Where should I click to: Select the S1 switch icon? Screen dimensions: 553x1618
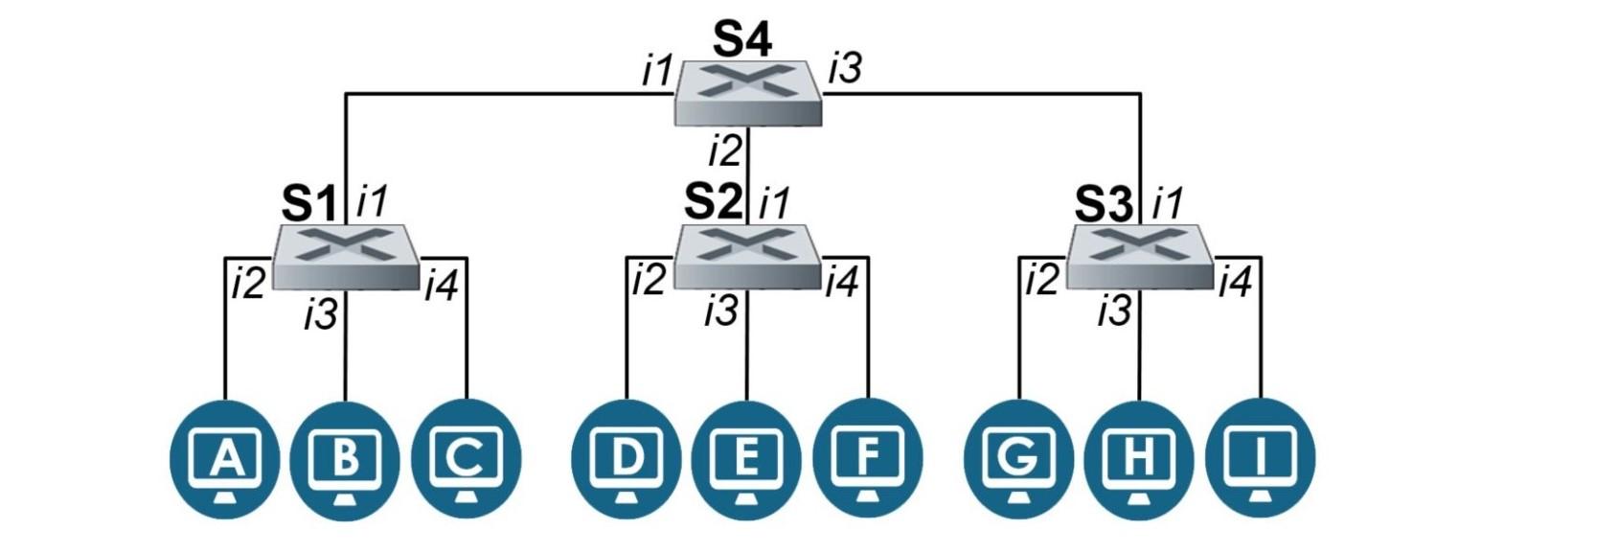click(346, 256)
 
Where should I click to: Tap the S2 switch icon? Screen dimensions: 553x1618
click(747, 256)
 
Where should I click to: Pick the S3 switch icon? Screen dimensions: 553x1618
click(1139, 256)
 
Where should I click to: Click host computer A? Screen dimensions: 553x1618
click(225, 459)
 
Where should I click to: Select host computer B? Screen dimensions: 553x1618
click(345, 459)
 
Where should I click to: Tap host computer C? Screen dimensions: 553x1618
click(466, 459)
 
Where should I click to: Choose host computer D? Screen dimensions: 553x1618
click(627, 459)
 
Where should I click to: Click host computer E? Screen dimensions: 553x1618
click(746, 459)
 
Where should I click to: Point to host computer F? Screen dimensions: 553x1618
click(867, 459)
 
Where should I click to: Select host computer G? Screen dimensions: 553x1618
click(1018, 459)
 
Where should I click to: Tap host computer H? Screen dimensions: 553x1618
click(1138, 459)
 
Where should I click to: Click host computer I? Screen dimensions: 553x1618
click(1260, 459)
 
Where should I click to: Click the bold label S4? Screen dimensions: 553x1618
click(742, 38)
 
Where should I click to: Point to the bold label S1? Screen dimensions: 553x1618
click(309, 203)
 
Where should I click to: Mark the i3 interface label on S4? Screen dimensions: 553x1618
click(845, 68)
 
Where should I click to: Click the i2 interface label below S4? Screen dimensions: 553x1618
click(725, 150)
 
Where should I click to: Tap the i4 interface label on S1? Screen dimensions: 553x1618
click(441, 286)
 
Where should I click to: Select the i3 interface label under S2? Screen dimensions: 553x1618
click(720, 311)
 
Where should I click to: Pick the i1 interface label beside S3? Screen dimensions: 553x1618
click(1168, 202)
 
